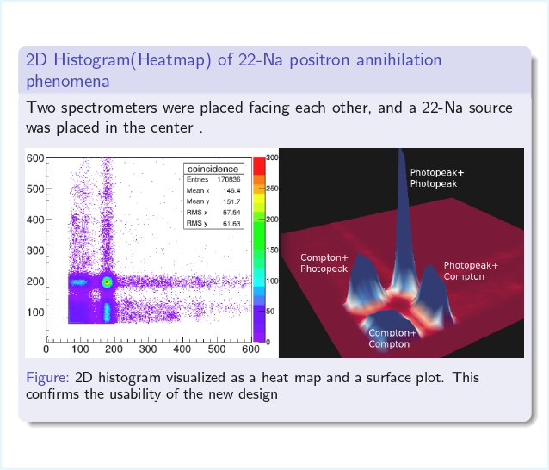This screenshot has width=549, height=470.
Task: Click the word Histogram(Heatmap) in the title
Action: click(x=133, y=60)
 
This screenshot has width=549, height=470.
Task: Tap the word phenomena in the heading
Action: click(x=68, y=82)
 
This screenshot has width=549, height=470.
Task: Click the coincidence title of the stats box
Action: click(x=213, y=169)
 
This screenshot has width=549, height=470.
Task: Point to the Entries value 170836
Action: click(x=229, y=179)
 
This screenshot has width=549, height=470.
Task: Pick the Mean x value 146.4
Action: click(x=231, y=190)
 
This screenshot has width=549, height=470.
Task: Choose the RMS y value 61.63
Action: click(x=231, y=224)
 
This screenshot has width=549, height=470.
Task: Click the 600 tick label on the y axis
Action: click(x=35, y=158)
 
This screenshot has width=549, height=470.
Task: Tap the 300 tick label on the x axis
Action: click(x=148, y=349)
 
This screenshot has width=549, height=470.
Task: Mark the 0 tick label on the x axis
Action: click(x=46, y=349)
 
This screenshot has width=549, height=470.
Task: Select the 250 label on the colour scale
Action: click(x=272, y=189)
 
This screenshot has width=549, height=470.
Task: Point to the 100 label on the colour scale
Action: click(x=272, y=281)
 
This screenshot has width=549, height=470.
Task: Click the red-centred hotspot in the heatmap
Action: click(x=108, y=282)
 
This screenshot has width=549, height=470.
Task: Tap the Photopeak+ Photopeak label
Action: click(x=437, y=178)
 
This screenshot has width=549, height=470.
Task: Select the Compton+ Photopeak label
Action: click(x=324, y=263)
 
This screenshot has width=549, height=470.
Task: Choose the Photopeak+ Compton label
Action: click(x=471, y=270)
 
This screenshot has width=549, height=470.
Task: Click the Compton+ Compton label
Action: click(x=392, y=338)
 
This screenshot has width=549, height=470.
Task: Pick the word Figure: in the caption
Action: click(x=47, y=378)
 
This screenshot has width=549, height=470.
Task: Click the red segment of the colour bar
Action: click(x=259, y=166)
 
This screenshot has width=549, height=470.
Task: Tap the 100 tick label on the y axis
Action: click(x=35, y=312)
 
